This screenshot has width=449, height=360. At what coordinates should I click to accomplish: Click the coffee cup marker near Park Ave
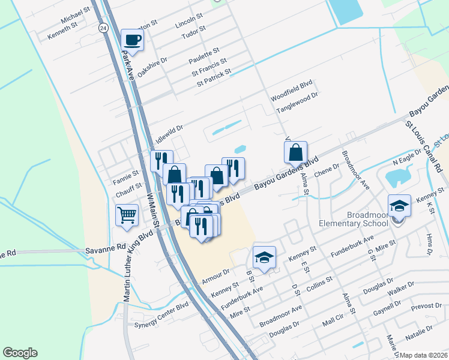[x=133, y=41]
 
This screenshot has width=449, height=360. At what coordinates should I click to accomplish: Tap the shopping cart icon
[x=127, y=215]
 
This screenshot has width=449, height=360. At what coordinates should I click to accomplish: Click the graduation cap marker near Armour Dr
[x=264, y=257]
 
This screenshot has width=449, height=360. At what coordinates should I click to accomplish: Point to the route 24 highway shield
[x=103, y=28]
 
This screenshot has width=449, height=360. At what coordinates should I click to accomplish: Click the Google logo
[x=20, y=353]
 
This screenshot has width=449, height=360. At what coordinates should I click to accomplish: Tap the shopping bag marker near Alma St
[x=296, y=153]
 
